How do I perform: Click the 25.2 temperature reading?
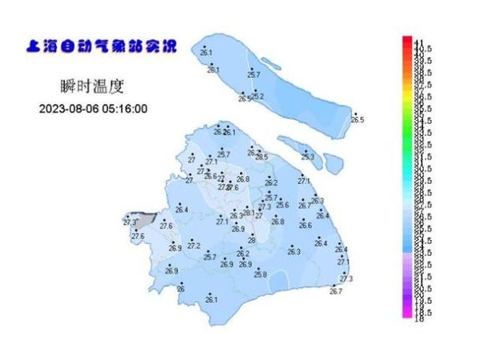point(258,97)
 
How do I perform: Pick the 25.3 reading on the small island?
point(307,157)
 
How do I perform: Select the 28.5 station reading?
point(262,158)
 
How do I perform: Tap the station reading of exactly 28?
point(251,240)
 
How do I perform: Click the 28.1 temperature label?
point(248,213)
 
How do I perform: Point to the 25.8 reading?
point(260,274)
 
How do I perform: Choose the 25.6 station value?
point(282,205)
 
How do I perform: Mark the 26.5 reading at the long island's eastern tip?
point(357,120)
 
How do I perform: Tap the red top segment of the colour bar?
point(406,42)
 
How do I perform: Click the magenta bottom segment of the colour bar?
point(406,315)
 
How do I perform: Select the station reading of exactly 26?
point(181,289)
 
